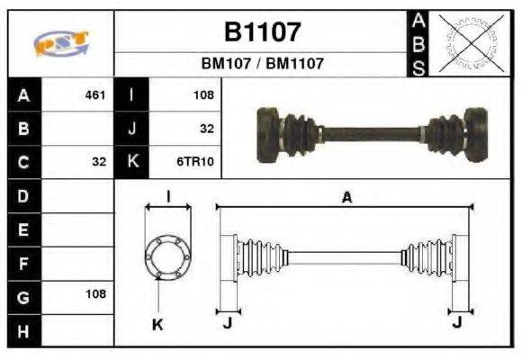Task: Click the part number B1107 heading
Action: tap(262, 33)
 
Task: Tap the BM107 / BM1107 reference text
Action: tap(262, 65)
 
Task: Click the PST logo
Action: tap(60, 43)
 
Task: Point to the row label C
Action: tap(23, 163)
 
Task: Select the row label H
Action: tap(23, 330)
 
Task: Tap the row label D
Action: tap(23, 195)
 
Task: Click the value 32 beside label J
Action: tap(206, 129)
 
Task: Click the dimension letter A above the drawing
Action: tap(346, 198)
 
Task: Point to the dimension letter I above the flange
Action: tap(168, 196)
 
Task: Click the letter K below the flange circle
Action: tap(157, 323)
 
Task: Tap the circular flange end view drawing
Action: tap(167, 257)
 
